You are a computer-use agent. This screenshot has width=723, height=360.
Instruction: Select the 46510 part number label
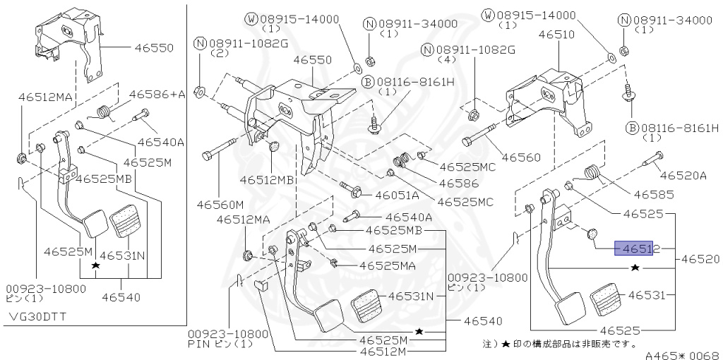click(556, 34)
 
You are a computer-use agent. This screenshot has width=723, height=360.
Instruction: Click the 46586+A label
click(156, 94)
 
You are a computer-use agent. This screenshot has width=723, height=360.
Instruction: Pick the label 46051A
click(397, 194)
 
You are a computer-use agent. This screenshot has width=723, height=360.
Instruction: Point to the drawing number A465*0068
click(682, 354)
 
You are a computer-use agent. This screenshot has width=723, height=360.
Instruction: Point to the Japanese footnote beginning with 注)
click(558, 344)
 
